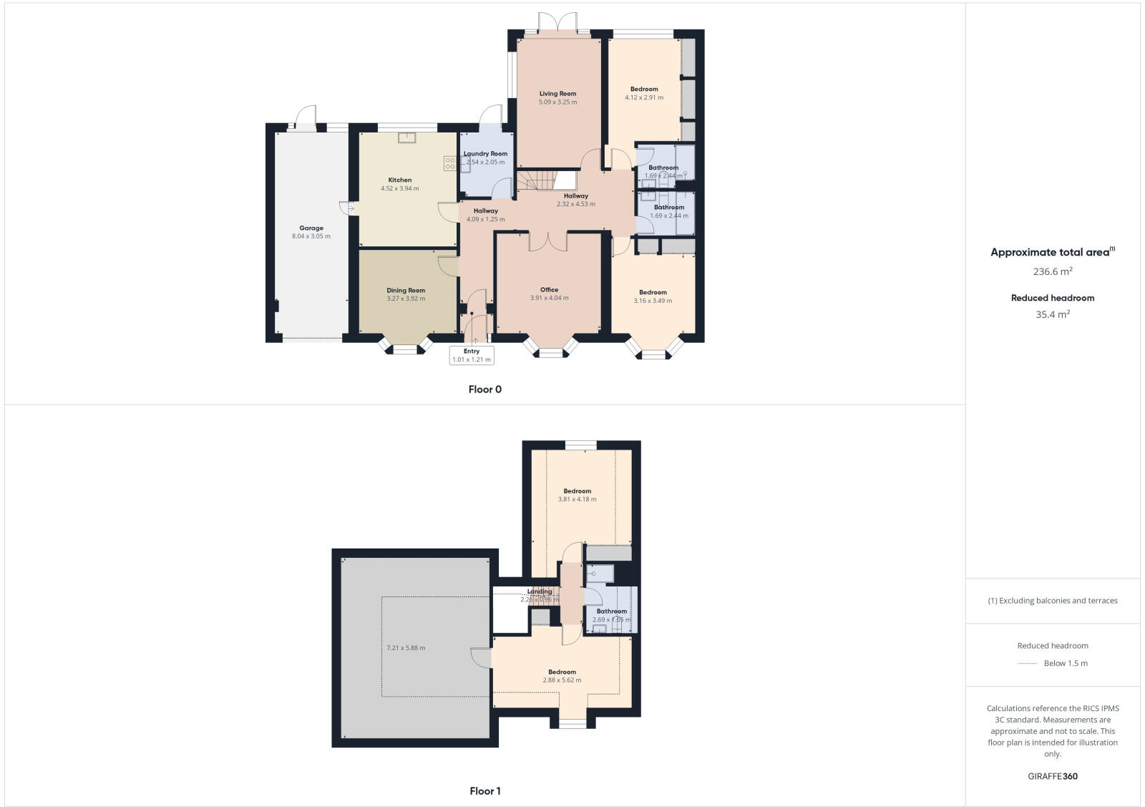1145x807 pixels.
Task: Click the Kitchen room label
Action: (400, 180)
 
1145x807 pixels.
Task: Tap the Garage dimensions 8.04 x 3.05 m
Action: (311, 236)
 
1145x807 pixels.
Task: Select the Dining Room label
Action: (406, 291)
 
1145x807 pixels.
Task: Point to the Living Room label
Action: (557, 94)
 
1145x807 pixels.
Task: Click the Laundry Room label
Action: (485, 153)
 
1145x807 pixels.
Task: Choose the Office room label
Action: (549, 290)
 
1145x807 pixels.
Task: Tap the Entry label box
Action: (472, 355)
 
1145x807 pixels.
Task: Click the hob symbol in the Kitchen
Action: (449, 163)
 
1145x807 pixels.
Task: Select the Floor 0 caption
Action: (485, 390)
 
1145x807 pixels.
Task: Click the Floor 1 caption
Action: (485, 791)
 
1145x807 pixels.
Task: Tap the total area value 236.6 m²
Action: (1053, 271)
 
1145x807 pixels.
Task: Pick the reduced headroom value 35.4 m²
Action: (1053, 314)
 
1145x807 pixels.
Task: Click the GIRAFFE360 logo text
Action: (1053, 776)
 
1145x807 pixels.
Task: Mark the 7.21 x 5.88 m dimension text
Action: (406, 648)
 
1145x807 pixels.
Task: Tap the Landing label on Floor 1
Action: (540, 591)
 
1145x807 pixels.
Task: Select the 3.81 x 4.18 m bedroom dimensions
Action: (577, 500)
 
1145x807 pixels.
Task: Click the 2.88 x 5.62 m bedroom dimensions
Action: (562, 680)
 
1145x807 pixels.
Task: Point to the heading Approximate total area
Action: (1050, 252)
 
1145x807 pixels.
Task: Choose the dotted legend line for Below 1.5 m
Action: (1028, 664)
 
